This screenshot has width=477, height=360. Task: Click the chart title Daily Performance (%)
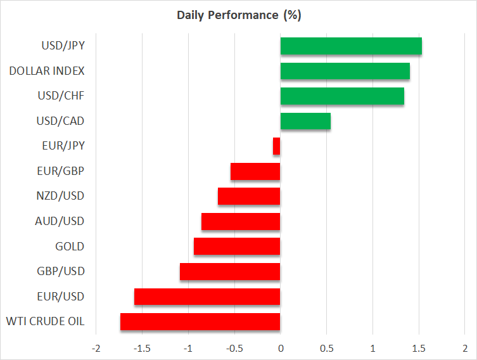[x=238, y=15]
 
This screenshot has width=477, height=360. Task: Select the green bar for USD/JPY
[x=351, y=46]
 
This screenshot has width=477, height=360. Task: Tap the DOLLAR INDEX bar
[x=345, y=71]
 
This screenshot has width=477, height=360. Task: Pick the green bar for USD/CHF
[x=342, y=96]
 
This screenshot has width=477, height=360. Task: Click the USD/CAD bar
[x=305, y=121]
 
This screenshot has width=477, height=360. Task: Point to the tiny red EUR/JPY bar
[x=277, y=146]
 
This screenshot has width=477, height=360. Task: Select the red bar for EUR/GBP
[x=255, y=171]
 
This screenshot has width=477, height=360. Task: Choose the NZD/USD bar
[x=249, y=196]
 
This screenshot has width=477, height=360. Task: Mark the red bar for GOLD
[x=237, y=247]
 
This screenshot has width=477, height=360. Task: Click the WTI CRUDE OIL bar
[x=200, y=322]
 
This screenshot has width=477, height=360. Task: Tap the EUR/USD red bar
[x=207, y=297]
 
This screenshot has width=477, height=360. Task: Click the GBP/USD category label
[x=61, y=272]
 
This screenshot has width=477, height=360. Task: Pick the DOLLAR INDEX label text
[x=47, y=71]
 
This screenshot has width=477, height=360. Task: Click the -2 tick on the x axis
[x=96, y=349]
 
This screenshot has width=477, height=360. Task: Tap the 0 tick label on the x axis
[x=281, y=349]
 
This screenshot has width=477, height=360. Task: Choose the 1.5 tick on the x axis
[x=419, y=349]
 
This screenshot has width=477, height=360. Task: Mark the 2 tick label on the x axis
[x=465, y=349]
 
